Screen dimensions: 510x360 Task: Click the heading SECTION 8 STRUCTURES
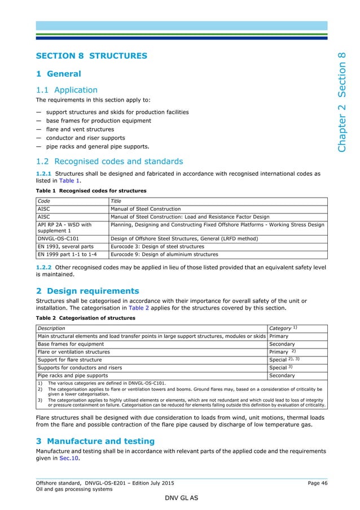coord(91,56)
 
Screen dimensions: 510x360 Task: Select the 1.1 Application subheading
coord(67,90)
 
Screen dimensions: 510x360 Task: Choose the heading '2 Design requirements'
coord(87,291)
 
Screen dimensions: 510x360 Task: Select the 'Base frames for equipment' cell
coord(71,344)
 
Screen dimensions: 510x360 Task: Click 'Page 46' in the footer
coord(317,483)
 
